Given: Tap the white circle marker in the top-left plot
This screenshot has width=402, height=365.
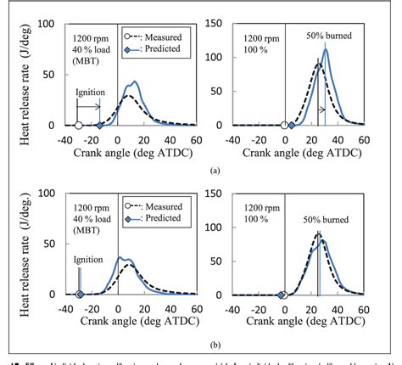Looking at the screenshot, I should [78, 126].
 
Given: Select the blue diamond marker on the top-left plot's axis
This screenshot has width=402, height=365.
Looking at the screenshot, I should [99, 126].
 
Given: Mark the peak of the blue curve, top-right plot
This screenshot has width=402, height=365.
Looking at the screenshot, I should [326, 48].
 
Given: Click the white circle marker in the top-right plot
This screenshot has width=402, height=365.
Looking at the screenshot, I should [284, 126].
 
